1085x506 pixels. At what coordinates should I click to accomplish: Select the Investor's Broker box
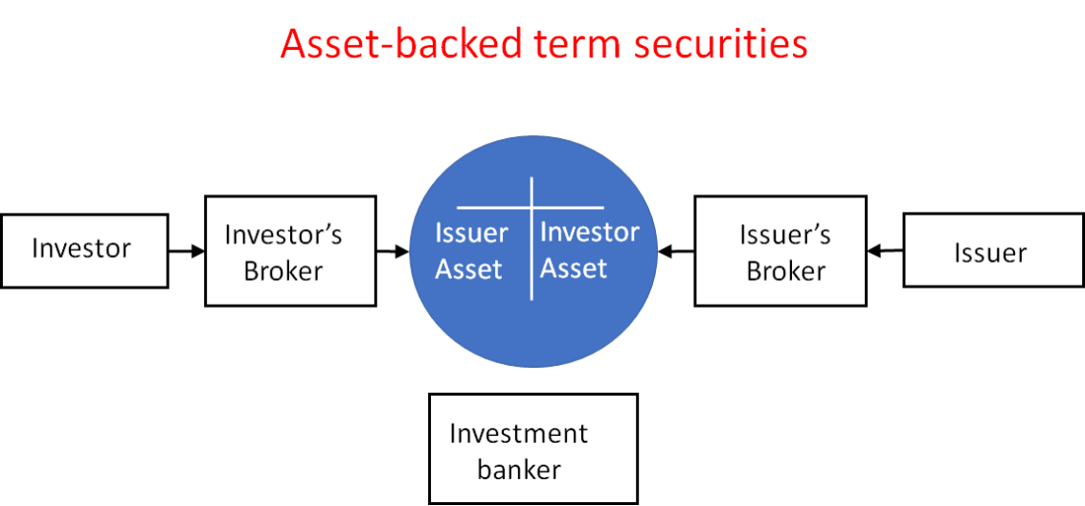290,251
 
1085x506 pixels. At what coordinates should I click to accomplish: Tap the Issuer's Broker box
780,251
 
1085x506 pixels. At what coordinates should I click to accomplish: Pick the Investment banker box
532,448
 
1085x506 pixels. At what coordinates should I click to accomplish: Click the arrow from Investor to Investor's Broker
187,251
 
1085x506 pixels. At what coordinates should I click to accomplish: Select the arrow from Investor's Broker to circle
393,252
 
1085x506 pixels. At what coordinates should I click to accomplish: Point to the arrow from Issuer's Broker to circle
676,252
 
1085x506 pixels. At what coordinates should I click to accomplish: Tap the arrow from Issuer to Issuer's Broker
886,252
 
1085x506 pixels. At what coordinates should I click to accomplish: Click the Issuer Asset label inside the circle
470,252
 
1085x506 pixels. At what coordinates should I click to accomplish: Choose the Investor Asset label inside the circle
589,250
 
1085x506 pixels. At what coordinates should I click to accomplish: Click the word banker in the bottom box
519,470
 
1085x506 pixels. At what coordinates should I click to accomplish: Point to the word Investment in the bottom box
518,433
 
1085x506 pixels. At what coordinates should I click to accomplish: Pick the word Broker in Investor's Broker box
283,270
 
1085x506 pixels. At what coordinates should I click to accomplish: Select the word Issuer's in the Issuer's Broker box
785,234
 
